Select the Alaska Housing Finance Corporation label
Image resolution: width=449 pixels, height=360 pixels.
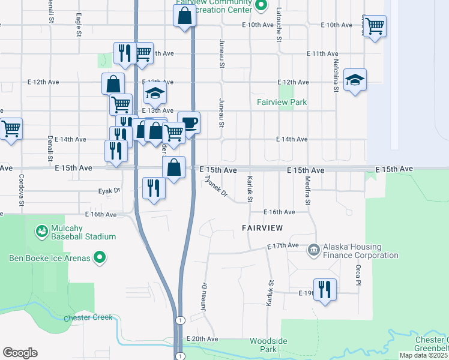pyautogui.click(x=360, y=251)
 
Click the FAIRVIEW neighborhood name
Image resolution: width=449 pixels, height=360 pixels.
pyautogui.click(x=262, y=228)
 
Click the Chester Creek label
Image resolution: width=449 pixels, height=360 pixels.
pyautogui.click(x=88, y=317)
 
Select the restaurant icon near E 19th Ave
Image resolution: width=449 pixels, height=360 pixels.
pyautogui.click(x=325, y=290)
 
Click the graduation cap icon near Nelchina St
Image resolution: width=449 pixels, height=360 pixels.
pyautogui.click(x=355, y=80)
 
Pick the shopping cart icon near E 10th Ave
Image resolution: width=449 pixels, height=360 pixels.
pyautogui.click(x=375, y=26)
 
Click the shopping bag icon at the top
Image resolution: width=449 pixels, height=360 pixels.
pyautogui.click(x=184, y=16)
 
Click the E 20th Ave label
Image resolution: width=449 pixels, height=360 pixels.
pyautogui.click(x=202, y=339)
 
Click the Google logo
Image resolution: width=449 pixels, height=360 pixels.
pyautogui.click(x=20, y=353)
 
